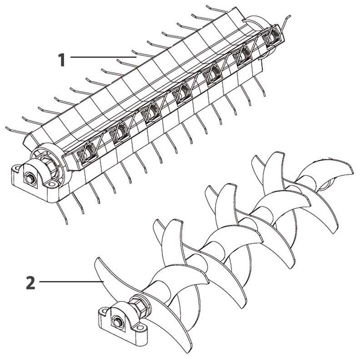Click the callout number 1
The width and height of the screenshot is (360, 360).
tap(61, 60)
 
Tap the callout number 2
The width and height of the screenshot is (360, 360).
tap(30, 283)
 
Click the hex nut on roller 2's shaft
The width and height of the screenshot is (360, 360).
tap(137, 304)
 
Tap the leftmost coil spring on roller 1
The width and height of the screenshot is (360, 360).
tap(85, 153)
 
